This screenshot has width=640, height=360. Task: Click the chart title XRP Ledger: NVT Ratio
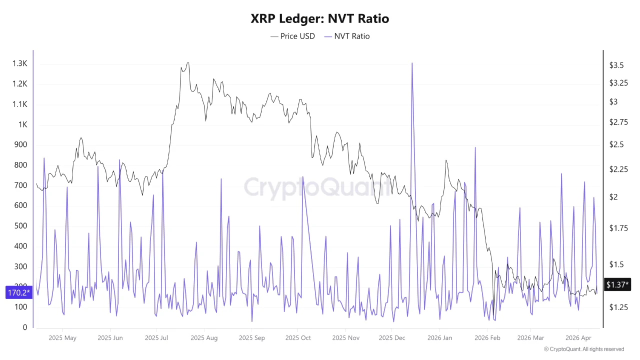coord(320,18)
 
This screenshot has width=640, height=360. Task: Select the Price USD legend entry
coord(292,36)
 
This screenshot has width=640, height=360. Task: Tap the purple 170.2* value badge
coord(18,292)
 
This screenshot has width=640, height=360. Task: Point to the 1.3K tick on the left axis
coord(20,64)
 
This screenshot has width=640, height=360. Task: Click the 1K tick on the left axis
coord(22,125)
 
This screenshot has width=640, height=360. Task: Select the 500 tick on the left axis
coord(20,226)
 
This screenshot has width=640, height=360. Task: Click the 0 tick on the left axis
coord(25,327)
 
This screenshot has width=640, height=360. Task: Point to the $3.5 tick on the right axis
coord(616,65)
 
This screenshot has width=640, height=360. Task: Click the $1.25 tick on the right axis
coord(618,307)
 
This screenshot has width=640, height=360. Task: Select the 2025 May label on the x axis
coord(62,338)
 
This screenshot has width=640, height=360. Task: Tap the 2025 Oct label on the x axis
coord(298,338)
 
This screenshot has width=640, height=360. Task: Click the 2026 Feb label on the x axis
coord(487,338)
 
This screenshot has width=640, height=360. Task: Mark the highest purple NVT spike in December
coord(412,63)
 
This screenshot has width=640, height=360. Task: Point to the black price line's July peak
coord(187,63)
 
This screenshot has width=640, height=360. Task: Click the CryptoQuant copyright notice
coord(583,349)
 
